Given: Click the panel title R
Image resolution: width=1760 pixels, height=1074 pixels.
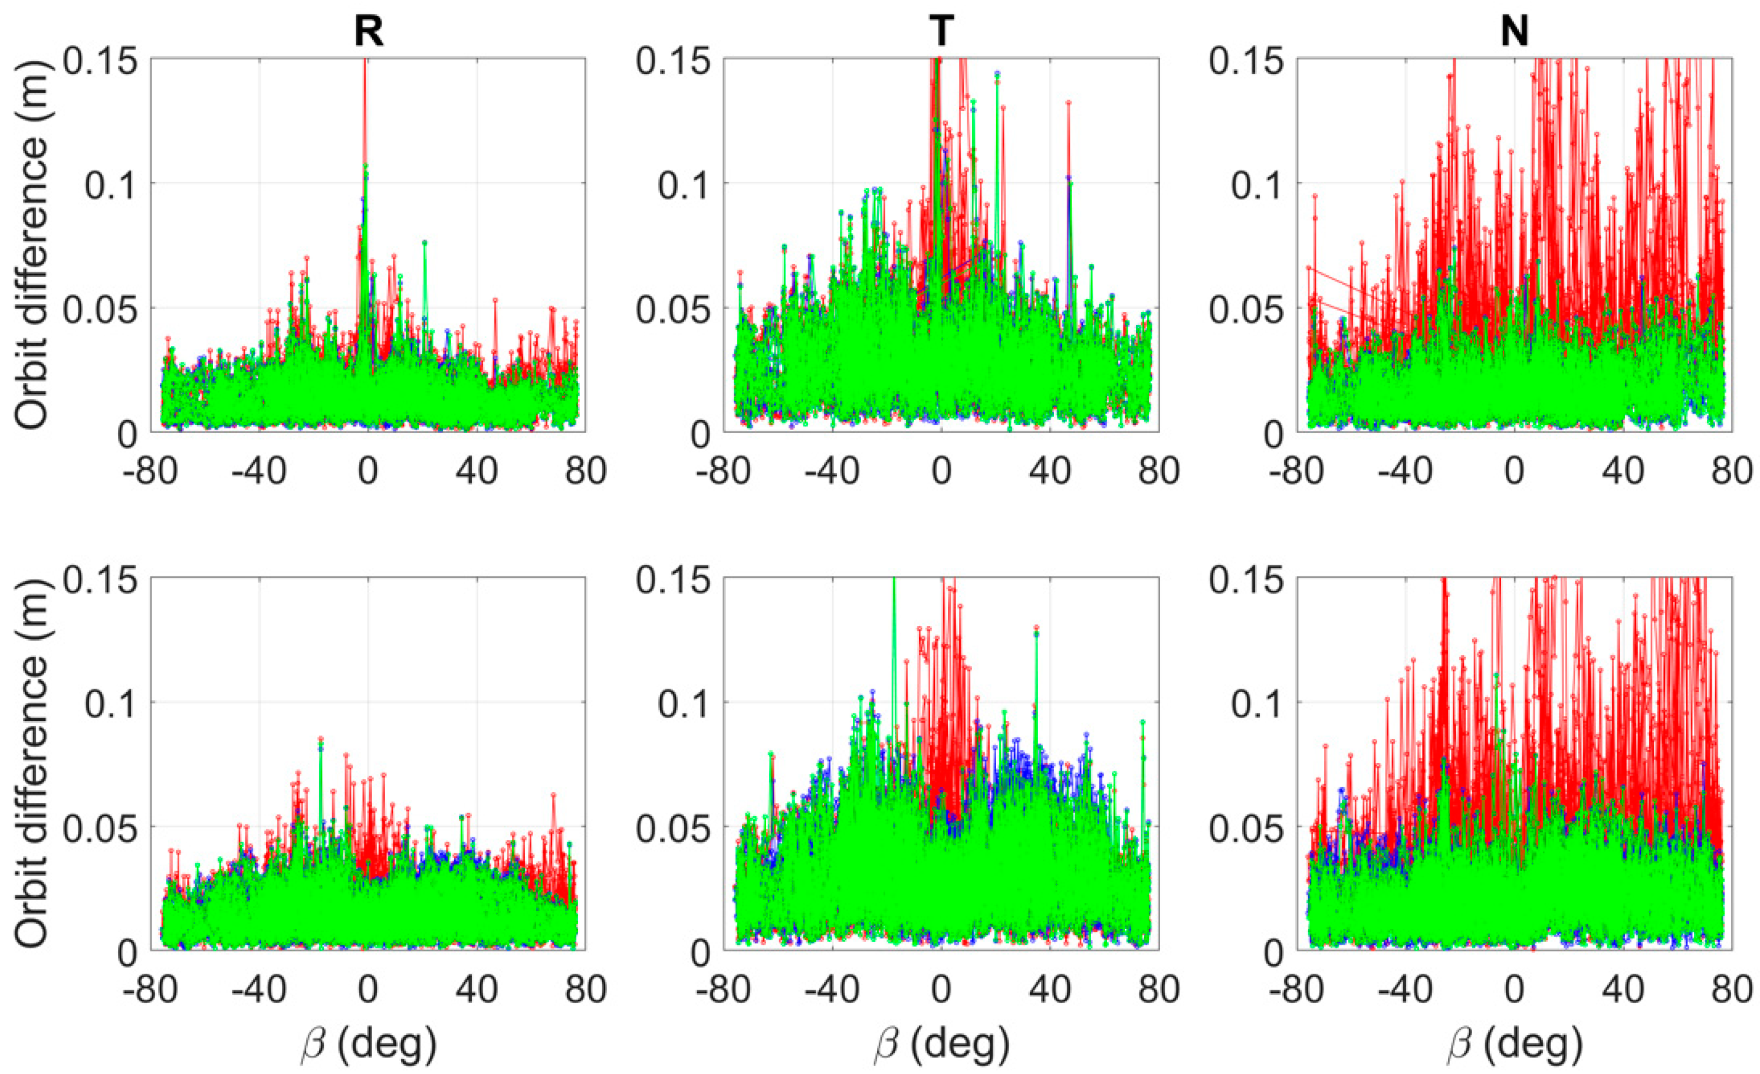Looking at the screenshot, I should (369, 31).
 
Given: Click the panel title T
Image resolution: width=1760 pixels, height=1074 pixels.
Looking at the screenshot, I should (941, 31).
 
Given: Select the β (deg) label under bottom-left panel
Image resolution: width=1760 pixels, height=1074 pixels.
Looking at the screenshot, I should (369, 1044).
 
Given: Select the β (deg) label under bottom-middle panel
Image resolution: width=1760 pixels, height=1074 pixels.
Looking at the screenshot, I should (941, 1044).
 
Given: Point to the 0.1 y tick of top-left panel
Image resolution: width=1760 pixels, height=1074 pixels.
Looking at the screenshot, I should (111, 184).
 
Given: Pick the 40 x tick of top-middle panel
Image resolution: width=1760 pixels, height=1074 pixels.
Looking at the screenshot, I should (1050, 471).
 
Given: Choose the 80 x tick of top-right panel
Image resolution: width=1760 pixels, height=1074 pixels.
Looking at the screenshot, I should (1732, 471).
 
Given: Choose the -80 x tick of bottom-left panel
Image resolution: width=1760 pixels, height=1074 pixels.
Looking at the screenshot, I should (149, 990).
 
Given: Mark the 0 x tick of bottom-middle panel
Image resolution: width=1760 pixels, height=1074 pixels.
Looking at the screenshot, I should (941, 990).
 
